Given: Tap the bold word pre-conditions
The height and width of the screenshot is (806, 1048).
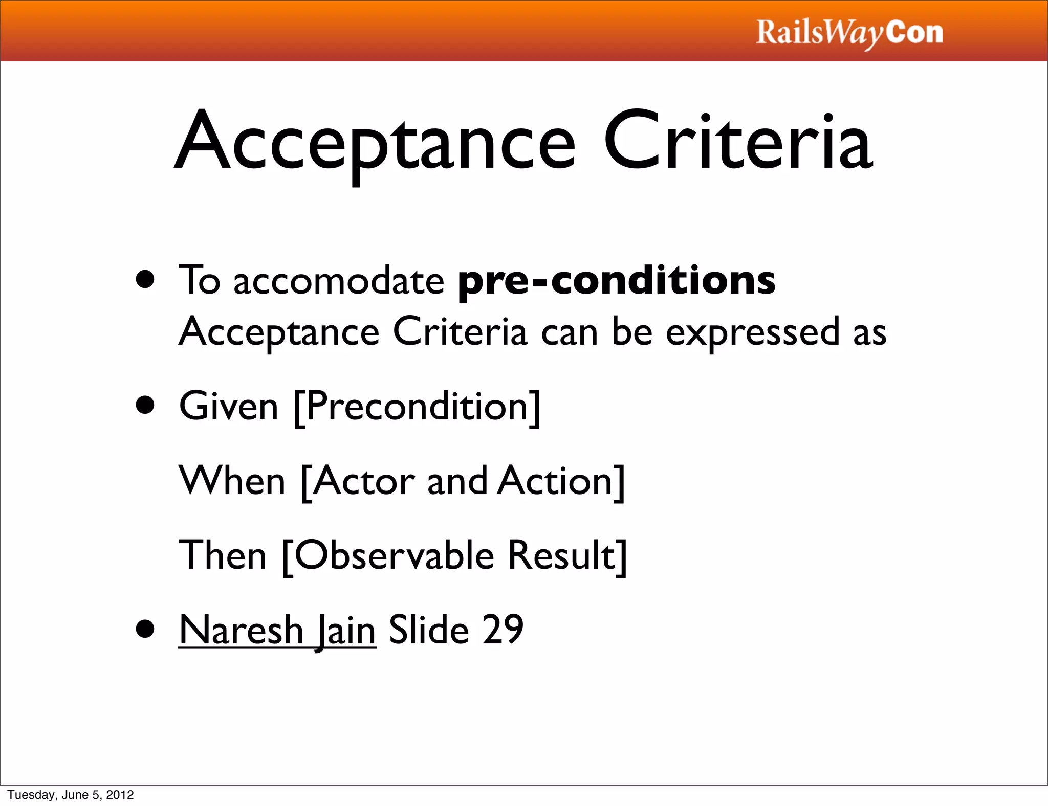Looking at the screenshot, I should [616, 281].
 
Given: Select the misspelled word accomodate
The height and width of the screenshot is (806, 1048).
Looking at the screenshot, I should [339, 281].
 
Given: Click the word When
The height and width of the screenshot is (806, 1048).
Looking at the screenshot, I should [232, 481].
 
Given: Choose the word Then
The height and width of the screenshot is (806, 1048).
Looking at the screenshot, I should [223, 555].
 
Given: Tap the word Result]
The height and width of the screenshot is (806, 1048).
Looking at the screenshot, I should [567, 555].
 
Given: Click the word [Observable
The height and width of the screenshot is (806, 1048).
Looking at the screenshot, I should [388, 555].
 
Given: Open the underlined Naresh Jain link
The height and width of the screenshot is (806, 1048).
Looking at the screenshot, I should [277, 630].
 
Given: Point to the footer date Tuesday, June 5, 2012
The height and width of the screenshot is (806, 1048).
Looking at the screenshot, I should [71, 795].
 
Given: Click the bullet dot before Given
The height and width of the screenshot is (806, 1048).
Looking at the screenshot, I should [145, 405].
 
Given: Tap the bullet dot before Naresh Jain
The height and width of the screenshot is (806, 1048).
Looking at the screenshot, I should [145, 630].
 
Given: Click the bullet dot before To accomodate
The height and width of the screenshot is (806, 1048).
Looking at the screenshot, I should [145, 280].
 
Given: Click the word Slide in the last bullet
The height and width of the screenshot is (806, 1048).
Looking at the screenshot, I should [429, 630].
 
